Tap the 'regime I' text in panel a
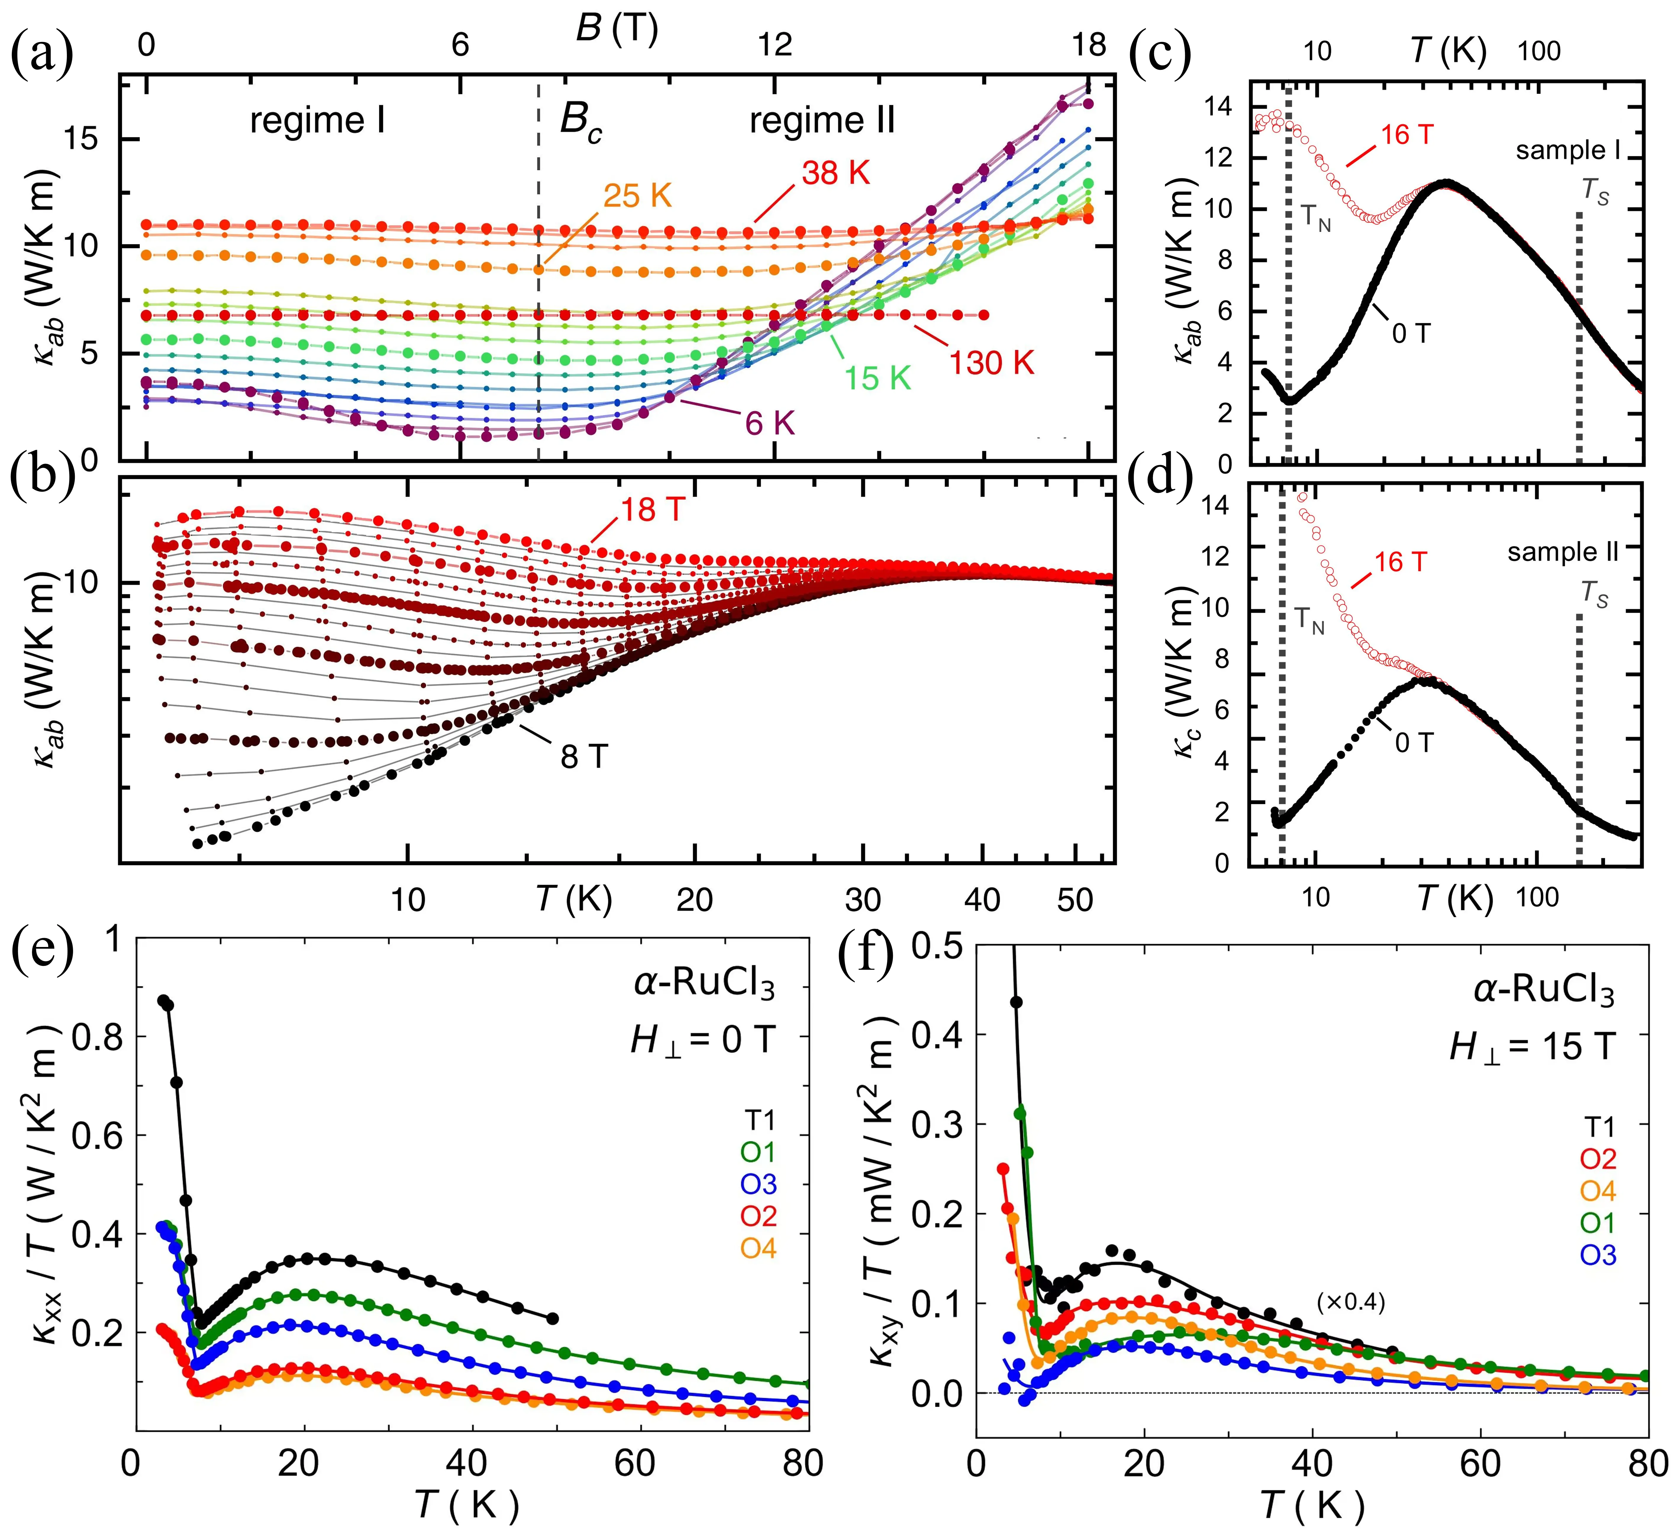(317, 122)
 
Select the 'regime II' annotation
(822, 122)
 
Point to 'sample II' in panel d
(1562, 552)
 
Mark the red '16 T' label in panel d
(1401, 562)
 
